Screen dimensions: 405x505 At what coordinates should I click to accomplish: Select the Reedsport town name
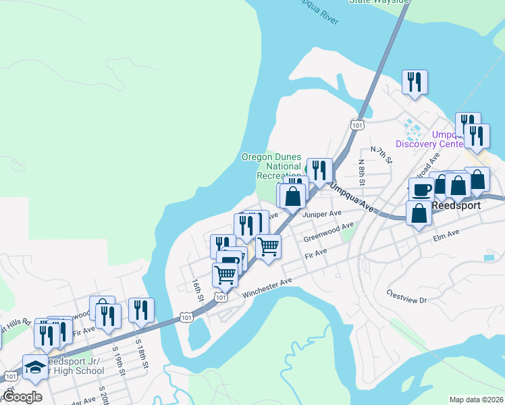460,205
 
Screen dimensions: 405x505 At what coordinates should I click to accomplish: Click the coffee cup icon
422,190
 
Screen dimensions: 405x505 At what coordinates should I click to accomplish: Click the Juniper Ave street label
323,214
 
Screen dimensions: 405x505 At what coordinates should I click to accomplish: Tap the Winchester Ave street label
267,286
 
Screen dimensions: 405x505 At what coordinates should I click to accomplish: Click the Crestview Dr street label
407,296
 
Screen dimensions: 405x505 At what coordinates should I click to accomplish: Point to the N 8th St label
362,172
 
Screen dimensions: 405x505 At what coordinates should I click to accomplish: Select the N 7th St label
381,155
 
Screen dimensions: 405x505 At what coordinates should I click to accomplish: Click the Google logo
22,396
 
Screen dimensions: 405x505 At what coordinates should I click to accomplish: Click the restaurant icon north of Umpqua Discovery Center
413,82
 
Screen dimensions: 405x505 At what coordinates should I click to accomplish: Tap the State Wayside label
379,2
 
